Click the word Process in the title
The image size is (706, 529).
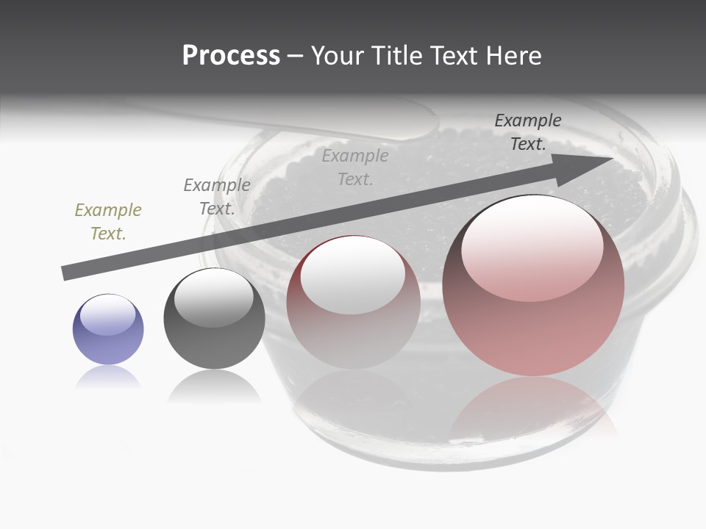point(231,56)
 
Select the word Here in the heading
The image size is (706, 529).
point(513,56)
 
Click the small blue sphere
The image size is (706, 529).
point(108,330)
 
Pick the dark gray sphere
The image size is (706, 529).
point(214,319)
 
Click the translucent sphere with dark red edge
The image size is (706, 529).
point(353,302)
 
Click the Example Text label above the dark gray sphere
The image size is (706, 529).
point(217,197)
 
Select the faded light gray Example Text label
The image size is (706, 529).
point(355,167)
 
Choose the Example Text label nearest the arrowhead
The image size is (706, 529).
point(528,132)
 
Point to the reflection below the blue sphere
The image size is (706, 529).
point(108,378)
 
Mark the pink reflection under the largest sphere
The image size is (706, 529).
point(533,408)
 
